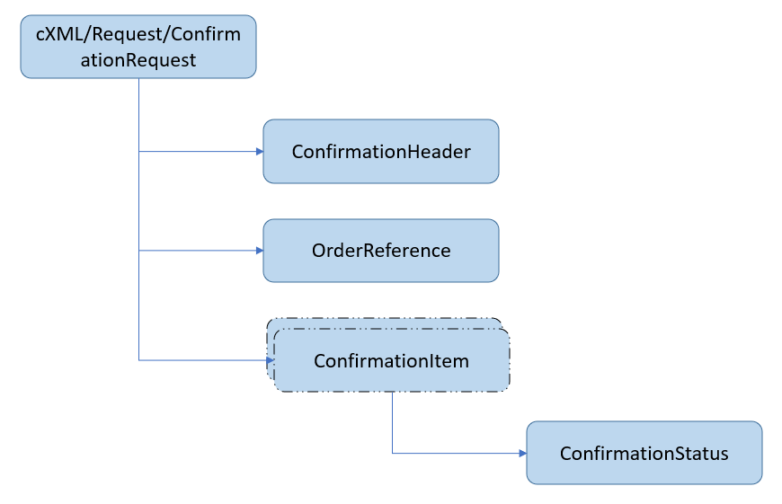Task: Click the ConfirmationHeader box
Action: (380, 152)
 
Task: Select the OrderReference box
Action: (380, 251)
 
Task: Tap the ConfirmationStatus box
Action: (644, 453)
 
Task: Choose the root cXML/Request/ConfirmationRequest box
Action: (138, 47)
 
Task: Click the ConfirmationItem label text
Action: (391, 361)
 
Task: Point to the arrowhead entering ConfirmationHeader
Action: (259, 152)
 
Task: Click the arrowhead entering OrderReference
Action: (259, 251)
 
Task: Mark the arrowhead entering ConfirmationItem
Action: (269, 360)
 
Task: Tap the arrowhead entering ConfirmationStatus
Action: (522, 453)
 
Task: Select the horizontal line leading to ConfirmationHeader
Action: (198, 152)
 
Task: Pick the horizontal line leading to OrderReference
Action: (198, 251)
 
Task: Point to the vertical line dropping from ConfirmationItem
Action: (392, 422)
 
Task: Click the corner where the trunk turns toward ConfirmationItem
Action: (139, 360)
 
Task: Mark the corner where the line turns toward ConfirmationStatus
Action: (392, 453)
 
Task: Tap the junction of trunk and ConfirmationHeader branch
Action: (139, 152)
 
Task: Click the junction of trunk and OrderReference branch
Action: (139, 251)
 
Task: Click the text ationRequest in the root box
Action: (138, 60)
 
